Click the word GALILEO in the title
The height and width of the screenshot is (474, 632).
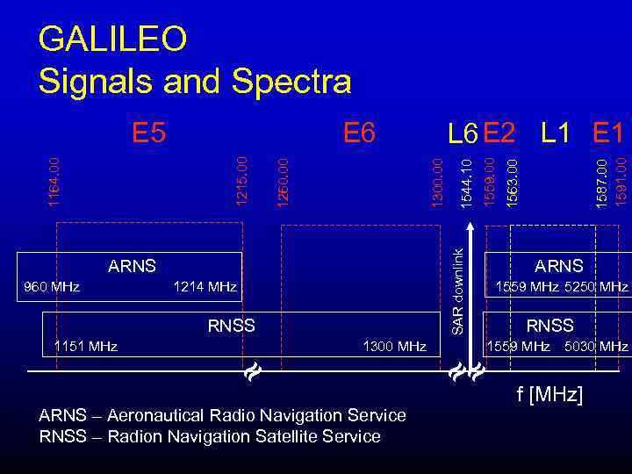113,39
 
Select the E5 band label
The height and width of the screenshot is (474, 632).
148,133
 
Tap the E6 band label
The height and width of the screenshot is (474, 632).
359,133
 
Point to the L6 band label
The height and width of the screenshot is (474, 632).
462,133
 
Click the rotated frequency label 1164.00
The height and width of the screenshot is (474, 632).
54,183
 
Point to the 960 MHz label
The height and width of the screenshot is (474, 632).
52,286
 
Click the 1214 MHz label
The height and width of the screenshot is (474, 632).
205,286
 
